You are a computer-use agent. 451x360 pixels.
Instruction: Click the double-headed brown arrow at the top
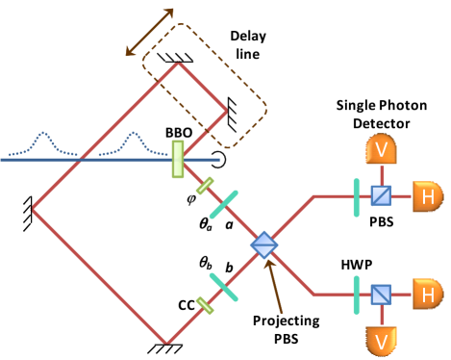150,32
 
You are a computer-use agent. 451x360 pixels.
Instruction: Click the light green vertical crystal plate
178,159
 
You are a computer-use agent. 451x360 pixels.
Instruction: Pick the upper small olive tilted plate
205,185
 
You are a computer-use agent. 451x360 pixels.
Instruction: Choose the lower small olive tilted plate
205,305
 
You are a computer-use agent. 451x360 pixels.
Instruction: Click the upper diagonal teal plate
224,203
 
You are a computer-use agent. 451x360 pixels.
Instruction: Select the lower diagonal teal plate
224,287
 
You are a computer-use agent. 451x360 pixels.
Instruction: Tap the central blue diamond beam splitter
263,244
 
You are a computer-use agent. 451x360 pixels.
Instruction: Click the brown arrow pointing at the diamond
275,286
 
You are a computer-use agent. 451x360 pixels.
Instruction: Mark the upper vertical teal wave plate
356,197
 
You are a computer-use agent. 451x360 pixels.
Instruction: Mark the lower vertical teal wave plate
356,294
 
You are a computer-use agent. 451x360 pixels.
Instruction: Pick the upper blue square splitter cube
381,196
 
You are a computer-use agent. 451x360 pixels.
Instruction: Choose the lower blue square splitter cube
381,294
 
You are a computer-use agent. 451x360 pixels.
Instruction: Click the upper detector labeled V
381,149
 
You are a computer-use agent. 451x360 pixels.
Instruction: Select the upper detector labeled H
428,196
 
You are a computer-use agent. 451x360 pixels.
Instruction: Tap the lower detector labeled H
428,294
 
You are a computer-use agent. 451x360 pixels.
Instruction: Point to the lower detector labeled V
381,341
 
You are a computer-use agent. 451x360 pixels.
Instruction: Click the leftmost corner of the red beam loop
33,208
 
